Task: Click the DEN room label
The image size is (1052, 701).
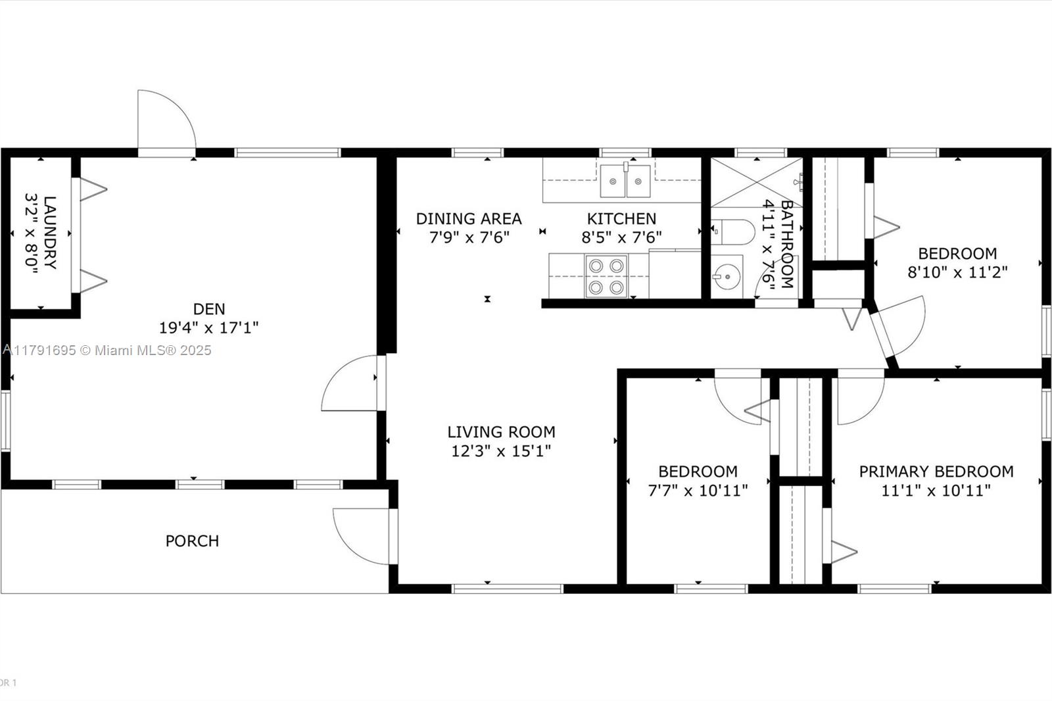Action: pos(209,308)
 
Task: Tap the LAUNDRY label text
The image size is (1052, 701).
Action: pos(50,233)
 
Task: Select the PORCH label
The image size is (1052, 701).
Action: pos(192,541)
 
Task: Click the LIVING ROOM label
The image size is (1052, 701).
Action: pos(501,432)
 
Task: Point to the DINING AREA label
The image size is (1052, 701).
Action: pos(469,218)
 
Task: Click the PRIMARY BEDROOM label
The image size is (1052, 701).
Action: pos(936,471)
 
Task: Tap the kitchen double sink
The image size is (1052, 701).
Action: pos(625,181)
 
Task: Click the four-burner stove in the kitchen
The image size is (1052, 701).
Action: pos(606,276)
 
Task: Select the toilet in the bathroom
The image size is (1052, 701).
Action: pos(732,231)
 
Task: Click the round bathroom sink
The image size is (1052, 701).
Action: pos(727,276)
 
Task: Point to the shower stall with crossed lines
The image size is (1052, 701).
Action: pos(757,182)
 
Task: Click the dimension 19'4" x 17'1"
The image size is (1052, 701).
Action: pos(208,327)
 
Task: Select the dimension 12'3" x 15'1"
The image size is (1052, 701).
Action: pos(500,451)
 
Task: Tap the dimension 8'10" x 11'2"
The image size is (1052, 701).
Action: pos(957,272)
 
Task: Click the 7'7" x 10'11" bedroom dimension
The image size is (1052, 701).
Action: pos(698,491)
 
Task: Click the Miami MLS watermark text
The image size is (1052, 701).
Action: pos(107,350)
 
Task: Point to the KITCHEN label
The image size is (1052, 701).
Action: pos(621,218)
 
